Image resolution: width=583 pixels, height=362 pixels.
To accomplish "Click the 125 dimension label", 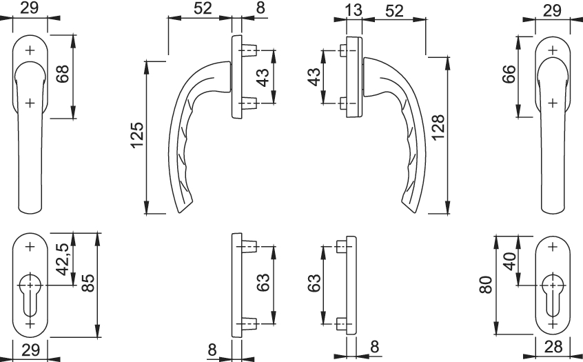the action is tap(138, 134).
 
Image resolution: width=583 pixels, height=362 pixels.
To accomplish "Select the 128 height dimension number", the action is tap(438, 128).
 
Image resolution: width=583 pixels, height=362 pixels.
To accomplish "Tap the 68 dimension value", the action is tap(63, 74).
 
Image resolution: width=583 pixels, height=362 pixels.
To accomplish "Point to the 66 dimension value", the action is tap(509, 74).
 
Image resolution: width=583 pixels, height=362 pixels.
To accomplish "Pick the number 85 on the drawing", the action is tap(88, 283).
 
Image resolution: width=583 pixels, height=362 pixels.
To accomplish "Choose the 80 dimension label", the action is tap(486, 285).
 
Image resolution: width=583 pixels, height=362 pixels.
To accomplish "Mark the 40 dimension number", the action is tap(511, 261).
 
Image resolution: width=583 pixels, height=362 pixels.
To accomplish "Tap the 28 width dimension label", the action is tap(553, 347).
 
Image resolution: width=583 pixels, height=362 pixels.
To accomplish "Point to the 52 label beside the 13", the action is tap(394, 11).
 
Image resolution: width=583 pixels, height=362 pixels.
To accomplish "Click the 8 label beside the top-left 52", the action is tap(260, 8).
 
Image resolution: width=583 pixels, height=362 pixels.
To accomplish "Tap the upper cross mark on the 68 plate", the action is tap(30, 50).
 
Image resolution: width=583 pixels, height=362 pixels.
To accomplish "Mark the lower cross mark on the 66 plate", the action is tap(553, 103).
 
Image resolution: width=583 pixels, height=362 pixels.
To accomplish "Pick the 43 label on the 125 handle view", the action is tap(263, 77).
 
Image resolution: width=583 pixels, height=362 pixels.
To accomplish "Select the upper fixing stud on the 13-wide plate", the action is tap(342, 50).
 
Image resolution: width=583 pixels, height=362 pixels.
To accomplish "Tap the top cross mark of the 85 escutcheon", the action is tap(30, 246).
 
